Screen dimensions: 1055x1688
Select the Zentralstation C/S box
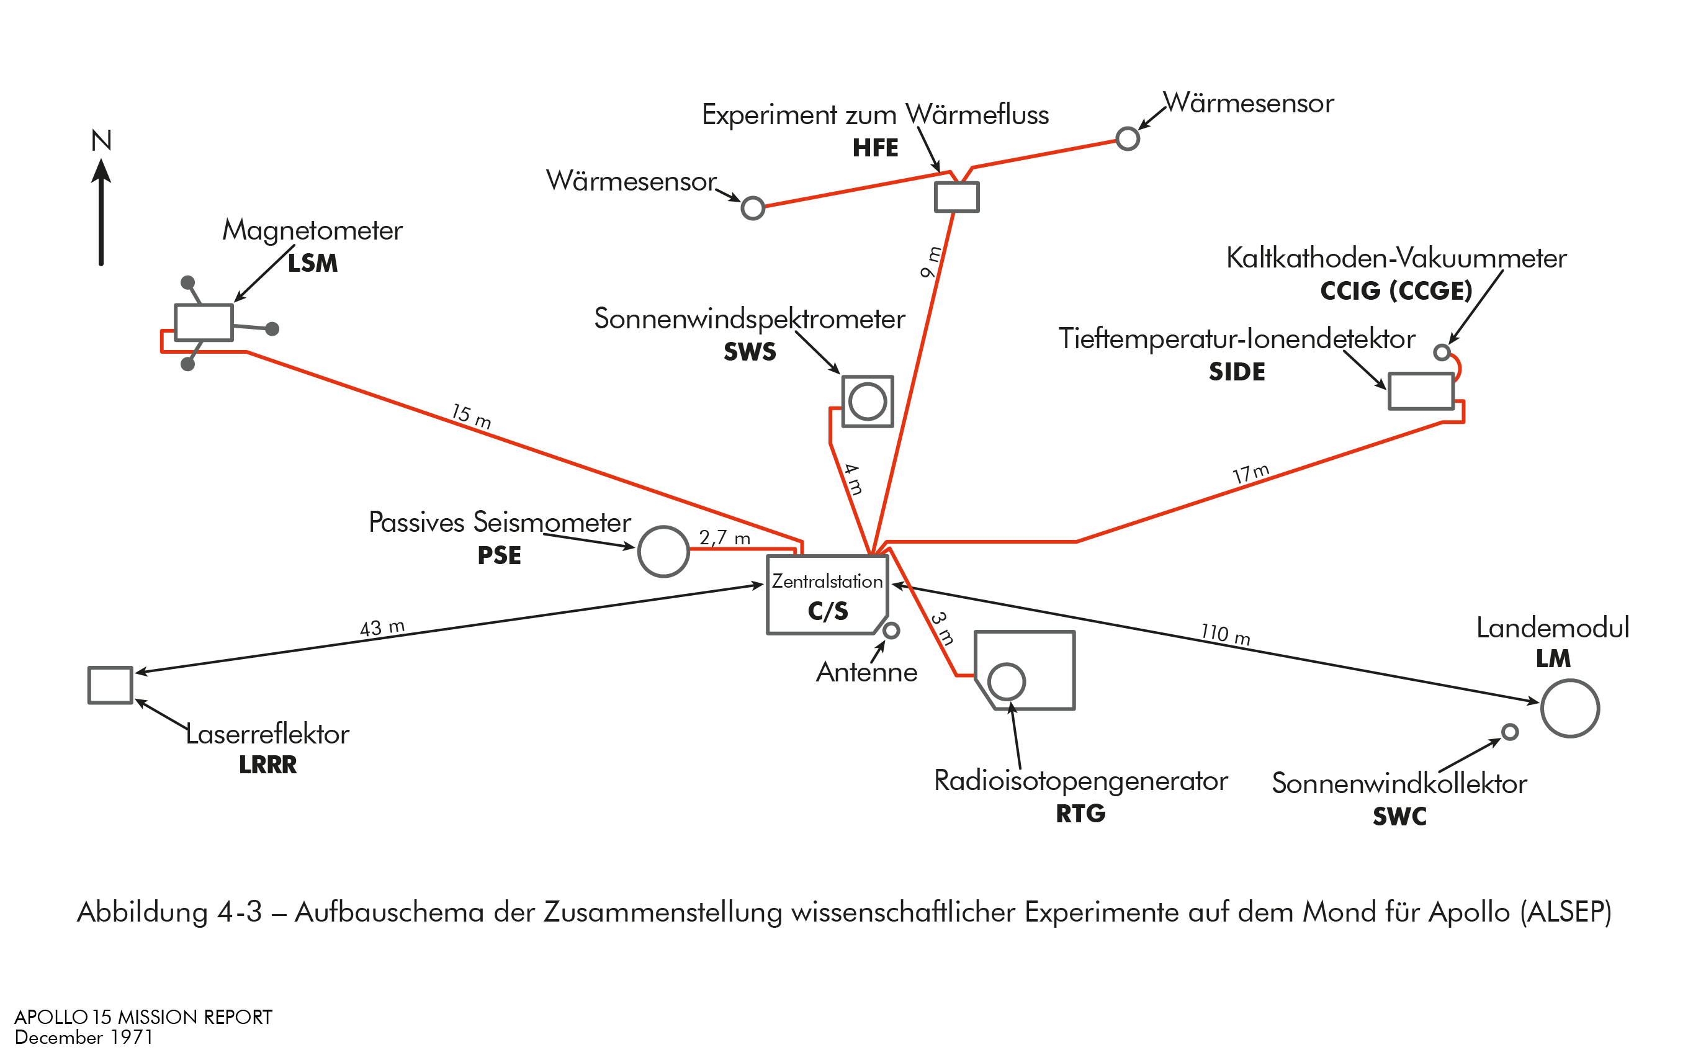click(827, 595)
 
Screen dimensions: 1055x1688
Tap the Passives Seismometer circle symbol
click(663, 551)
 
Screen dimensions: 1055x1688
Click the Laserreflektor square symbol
click(110, 685)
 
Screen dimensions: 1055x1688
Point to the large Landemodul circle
click(1569, 708)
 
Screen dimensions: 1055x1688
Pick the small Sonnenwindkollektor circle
click(1509, 732)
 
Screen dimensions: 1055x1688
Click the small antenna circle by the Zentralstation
click(891, 631)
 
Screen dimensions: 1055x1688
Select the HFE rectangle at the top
click(956, 197)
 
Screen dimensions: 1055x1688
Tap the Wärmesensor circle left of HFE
click(753, 208)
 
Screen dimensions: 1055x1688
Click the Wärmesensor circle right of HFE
click(1127, 138)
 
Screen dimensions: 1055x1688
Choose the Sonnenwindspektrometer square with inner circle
click(867, 401)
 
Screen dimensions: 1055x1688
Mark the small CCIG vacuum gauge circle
click(1442, 352)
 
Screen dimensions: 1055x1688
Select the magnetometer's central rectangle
click(204, 322)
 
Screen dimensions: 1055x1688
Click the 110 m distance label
click(1226, 634)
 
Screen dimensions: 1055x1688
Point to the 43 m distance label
click(382, 627)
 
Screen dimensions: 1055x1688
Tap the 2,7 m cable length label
click(725, 538)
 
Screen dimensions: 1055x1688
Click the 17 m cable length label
click(1250, 474)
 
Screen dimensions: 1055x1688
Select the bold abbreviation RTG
click(1080, 814)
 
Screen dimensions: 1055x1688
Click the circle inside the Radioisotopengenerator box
click(1007, 681)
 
